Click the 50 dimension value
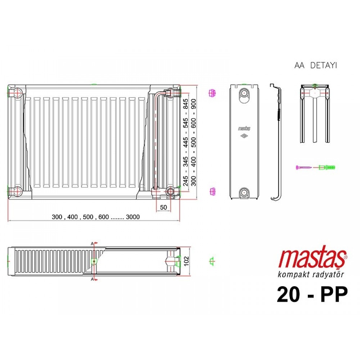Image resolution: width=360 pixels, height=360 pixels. pyautogui.click(x=163, y=207)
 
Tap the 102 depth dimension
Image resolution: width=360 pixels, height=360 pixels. pyautogui.click(x=186, y=261)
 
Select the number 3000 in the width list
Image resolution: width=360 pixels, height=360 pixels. pyautogui.click(x=133, y=217)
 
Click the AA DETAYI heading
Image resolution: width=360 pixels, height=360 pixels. pyautogui.click(x=316, y=66)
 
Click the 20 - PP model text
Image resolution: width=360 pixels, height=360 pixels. pyautogui.click(x=312, y=294)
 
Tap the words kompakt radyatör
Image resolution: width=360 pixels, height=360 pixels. pyautogui.click(x=311, y=274)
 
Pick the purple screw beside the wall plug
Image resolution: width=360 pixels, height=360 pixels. pyautogui.click(x=303, y=167)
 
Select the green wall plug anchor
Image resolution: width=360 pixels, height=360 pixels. pyautogui.click(x=327, y=167)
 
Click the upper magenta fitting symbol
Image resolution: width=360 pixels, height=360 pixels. pyautogui.click(x=212, y=93)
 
